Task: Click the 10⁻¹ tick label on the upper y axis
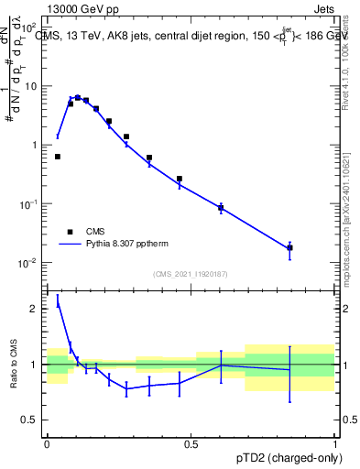[x=30, y=205]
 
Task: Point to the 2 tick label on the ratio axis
[x=36, y=309]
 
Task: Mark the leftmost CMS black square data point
[x=58, y=157]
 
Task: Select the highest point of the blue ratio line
[x=58, y=300]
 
